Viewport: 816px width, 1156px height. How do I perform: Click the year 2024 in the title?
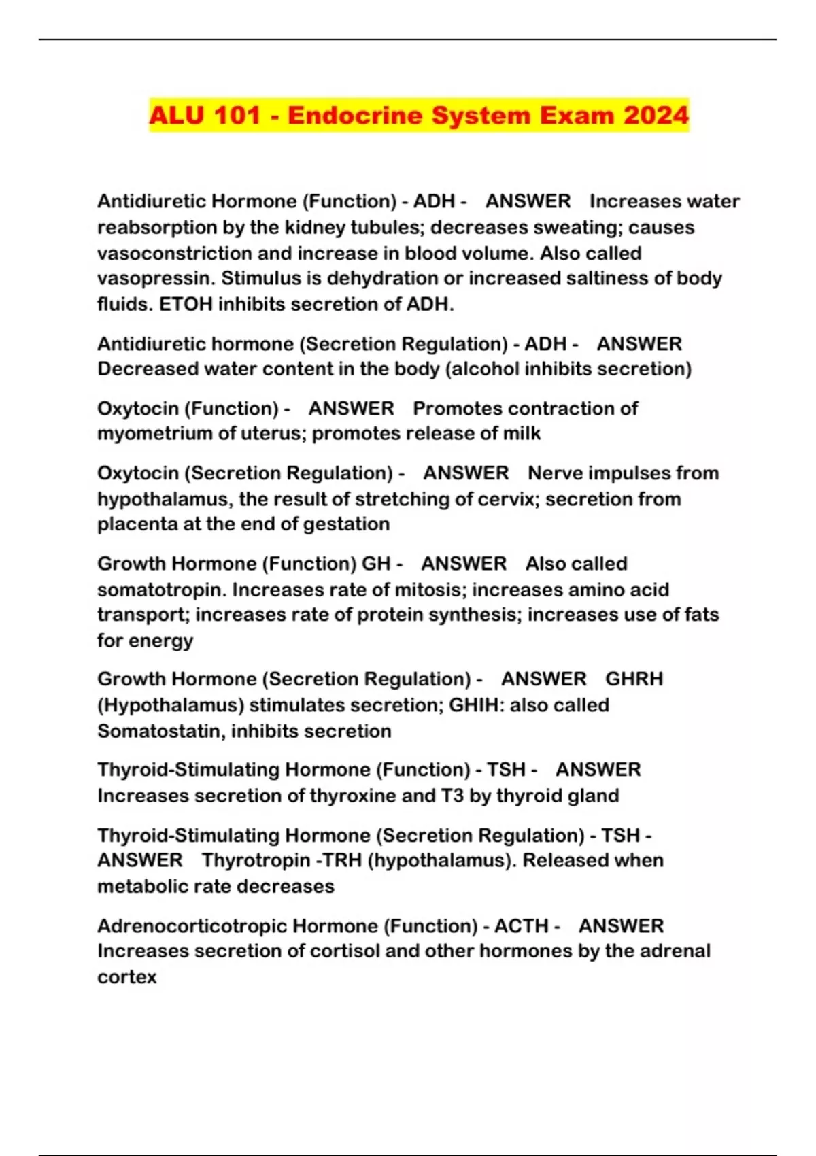click(x=655, y=115)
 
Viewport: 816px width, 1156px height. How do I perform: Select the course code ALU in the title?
click(x=176, y=115)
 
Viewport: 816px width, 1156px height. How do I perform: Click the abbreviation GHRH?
click(x=634, y=679)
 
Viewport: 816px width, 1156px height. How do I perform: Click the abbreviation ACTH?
click(x=521, y=926)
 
